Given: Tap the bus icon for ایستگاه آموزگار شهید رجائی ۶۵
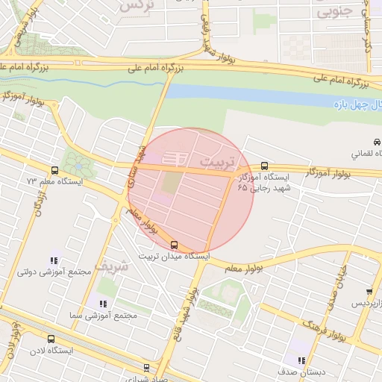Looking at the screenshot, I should tap(265, 166).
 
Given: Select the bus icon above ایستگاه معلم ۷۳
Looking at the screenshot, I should tap(54, 170).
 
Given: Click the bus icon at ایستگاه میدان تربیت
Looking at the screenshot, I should tap(175, 244).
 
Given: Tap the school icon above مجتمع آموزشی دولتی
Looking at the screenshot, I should tap(54, 260).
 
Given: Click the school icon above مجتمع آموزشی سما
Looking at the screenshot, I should tap(103, 304).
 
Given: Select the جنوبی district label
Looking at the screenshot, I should tap(333, 13).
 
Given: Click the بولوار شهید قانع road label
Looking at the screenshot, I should tap(188, 306).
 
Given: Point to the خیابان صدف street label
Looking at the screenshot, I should tap(338, 288).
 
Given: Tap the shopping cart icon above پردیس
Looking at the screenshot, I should tap(369, 292).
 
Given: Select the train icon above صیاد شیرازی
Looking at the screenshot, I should tap(146, 367).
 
